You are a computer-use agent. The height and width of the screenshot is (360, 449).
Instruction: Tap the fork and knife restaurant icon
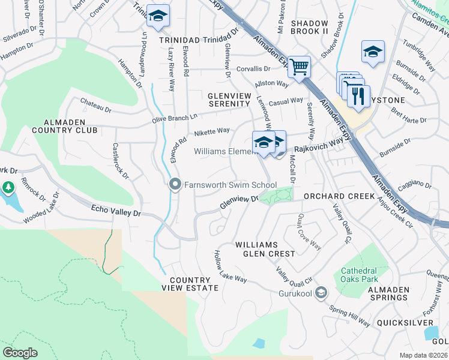(358, 95)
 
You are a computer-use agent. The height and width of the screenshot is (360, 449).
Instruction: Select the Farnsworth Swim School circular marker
(175, 185)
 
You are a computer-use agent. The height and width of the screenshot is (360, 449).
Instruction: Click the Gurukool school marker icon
(321, 293)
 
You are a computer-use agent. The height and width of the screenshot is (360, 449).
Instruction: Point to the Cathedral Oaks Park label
(358, 275)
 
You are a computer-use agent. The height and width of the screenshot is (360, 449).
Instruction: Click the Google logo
(20, 352)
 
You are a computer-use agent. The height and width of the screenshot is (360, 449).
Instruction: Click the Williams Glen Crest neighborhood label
(265, 249)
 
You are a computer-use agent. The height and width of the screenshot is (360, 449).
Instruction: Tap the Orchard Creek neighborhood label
(339, 196)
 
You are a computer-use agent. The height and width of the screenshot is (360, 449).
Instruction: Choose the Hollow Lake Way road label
(231, 268)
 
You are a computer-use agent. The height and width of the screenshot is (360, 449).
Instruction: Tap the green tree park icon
(9, 188)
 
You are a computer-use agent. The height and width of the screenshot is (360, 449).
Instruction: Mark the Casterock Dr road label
(121, 161)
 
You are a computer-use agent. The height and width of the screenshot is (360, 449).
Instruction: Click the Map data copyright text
(423, 355)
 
